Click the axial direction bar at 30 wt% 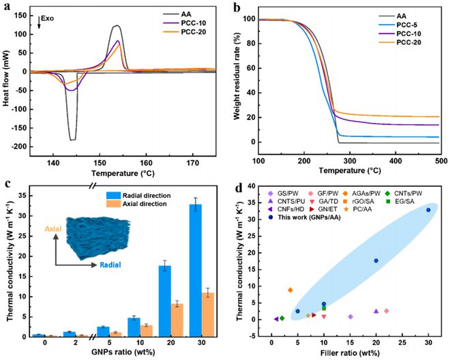(210, 314)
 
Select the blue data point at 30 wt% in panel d (428, 210)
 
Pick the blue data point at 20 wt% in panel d (376, 260)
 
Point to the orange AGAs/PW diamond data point (290, 290)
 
